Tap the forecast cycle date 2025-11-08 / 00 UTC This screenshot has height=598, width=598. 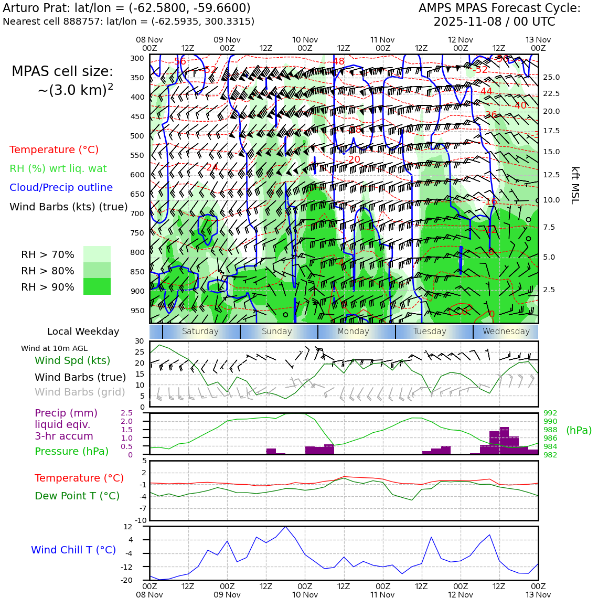tap(494, 22)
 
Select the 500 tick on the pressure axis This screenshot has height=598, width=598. tap(137, 136)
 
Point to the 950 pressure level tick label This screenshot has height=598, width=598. tap(137, 311)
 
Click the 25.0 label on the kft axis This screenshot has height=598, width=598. tap(551, 77)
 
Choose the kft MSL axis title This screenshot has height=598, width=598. tap(575, 185)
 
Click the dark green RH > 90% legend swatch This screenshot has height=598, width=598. tap(97, 286)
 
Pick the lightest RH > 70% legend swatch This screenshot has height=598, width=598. tap(97, 254)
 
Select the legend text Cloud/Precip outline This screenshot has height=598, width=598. tap(61, 187)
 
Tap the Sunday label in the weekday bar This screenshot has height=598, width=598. tap(276, 332)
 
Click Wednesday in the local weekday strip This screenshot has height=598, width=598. tap(506, 332)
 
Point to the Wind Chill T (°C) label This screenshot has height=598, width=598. tap(73, 550)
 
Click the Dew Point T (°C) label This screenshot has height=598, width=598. tap(77, 496)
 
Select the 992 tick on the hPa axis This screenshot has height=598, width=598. tap(550, 413)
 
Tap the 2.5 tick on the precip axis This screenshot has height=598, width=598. tap(126, 413)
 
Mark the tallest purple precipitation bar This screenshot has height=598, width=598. tap(504, 441)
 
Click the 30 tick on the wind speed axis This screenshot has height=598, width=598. tap(140, 341)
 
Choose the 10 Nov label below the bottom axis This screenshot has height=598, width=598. tap(305, 595)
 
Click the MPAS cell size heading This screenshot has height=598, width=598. tap(62, 72)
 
